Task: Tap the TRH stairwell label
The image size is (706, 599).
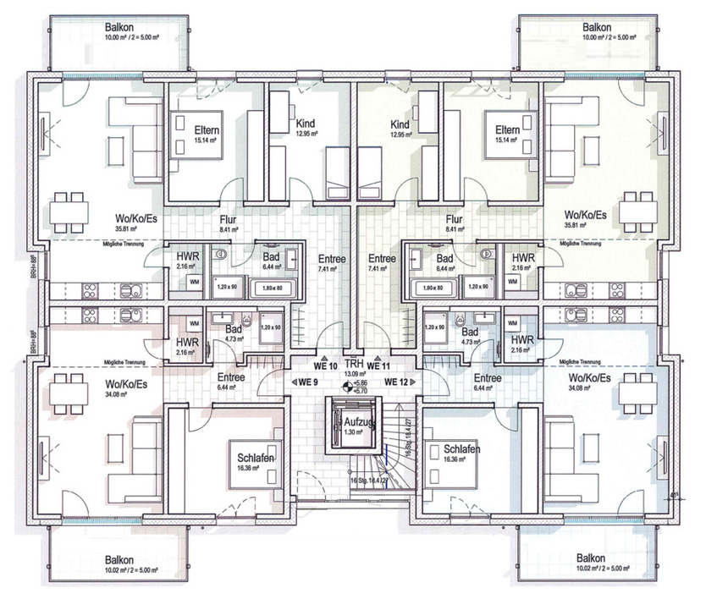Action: pos(353,364)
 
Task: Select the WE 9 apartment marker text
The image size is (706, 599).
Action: pos(306,382)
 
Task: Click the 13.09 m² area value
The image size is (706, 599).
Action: pos(353,373)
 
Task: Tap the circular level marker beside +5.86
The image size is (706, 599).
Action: pos(345,387)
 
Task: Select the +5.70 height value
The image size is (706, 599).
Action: pos(361,391)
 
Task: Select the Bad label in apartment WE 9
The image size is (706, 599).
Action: pos(233,331)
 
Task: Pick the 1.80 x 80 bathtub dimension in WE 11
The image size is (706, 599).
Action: pos(431,287)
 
